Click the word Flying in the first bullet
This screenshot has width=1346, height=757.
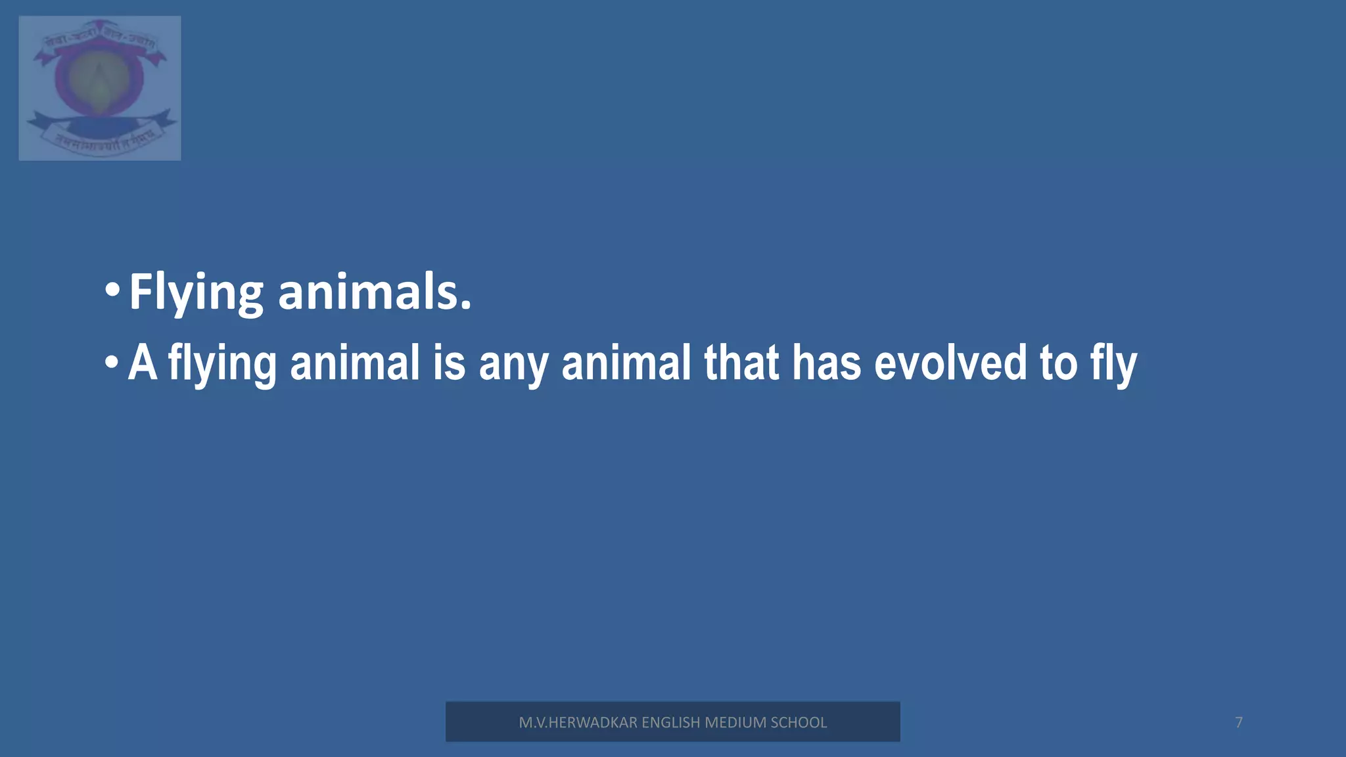[196, 292]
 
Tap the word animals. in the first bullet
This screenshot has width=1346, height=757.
[375, 292]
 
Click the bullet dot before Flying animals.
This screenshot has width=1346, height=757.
[112, 290]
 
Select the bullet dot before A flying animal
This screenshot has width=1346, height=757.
[112, 362]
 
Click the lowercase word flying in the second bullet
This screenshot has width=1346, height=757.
[222, 363]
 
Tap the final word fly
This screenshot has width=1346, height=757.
[1113, 363]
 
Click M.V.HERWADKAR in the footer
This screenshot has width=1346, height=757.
[578, 722]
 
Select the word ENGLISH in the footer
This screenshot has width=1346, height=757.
[670, 722]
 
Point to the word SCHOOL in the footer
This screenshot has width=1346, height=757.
[799, 722]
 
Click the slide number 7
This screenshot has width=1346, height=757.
[1239, 722]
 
